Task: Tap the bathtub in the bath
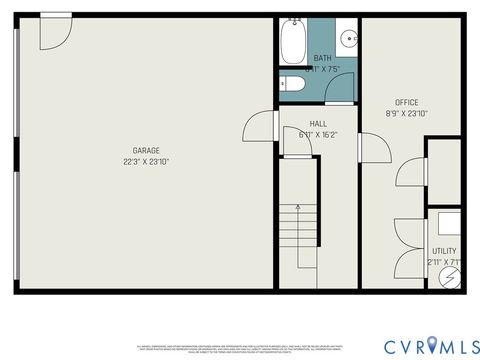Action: point(292,43)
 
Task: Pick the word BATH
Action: point(322,59)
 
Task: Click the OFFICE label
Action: point(406,102)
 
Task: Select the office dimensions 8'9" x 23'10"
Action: point(406,113)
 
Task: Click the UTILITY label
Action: point(444,251)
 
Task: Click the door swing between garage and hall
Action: point(259,126)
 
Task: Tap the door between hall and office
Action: point(373,151)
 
